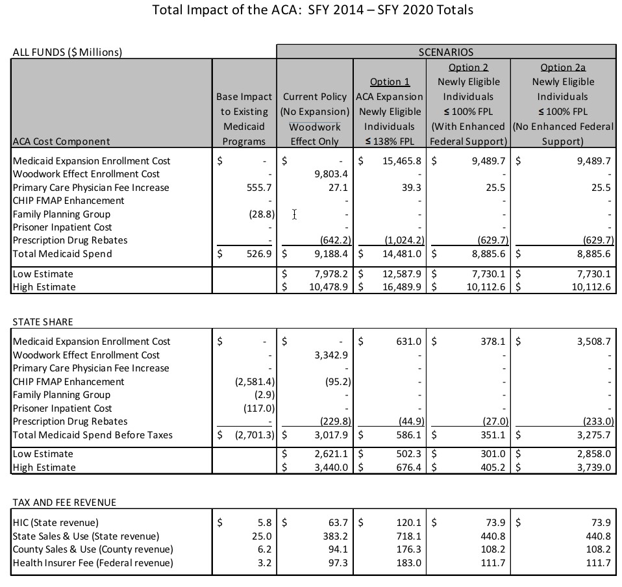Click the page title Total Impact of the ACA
[x=312, y=10]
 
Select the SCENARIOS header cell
[x=445, y=52]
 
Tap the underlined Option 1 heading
[x=390, y=82]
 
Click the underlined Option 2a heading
[x=563, y=67]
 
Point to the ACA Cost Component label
[x=62, y=141]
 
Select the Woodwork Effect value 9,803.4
[x=330, y=174]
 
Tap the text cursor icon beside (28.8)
[x=294, y=214]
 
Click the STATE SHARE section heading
[x=43, y=321]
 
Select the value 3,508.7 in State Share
[x=593, y=342]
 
